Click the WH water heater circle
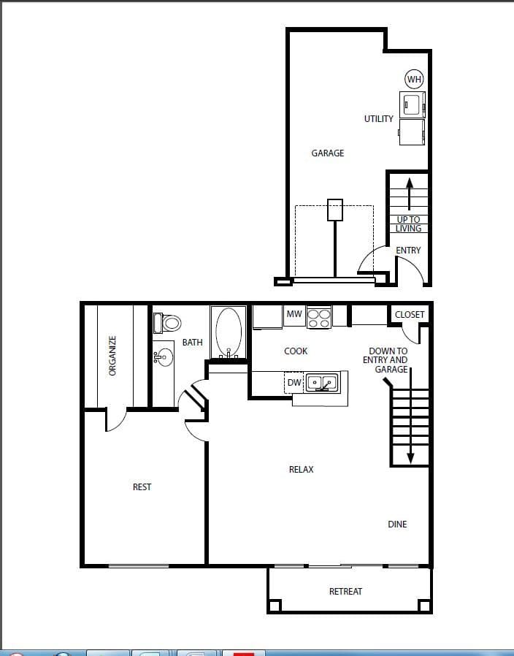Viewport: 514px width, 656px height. click(414, 80)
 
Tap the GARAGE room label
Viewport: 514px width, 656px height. click(328, 153)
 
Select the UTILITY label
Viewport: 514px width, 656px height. click(379, 118)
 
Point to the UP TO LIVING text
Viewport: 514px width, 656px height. click(408, 224)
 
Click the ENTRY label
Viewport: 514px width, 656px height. click(408, 251)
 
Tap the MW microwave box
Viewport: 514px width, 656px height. click(294, 314)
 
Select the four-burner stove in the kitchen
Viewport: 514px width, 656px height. click(319, 316)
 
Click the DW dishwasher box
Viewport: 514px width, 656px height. click(294, 382)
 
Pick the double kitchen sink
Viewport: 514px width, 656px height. click(322, 381)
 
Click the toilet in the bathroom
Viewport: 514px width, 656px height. click(167, 322)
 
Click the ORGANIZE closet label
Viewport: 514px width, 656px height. click(112, 356)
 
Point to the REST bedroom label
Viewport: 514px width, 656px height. click(142, 487)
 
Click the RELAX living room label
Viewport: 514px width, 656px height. click(302, 470)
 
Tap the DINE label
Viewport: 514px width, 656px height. click(398, 525)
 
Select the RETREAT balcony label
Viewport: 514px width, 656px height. click(345, 591)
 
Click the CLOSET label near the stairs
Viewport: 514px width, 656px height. click(410, 315)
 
